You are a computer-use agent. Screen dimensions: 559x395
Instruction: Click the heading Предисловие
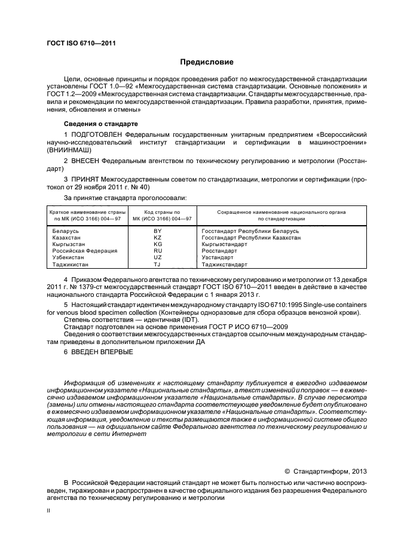(x=207, y=62)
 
